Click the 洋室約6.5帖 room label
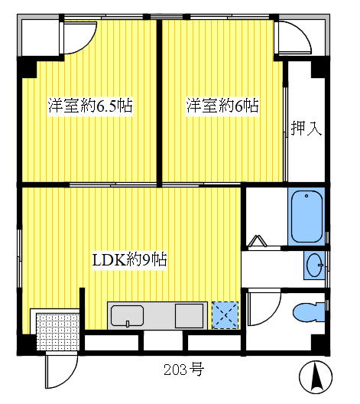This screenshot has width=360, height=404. coord(90,106)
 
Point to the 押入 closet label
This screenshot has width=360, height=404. coord(306,128)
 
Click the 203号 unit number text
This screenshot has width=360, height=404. coord(183,370)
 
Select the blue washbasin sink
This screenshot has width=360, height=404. coord(314,267)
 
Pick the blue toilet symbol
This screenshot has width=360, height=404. coord(310,312)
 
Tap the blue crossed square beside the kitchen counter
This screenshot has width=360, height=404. coord(225,314)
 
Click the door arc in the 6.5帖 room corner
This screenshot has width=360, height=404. coord(77,38)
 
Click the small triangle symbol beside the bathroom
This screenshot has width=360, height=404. coord(257,243)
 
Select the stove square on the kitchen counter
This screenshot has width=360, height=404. coord(188,315)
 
